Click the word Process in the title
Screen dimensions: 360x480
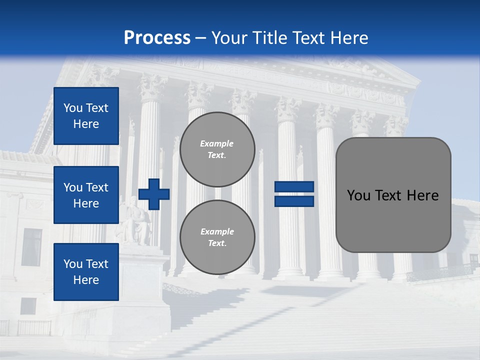[x=157, y=38]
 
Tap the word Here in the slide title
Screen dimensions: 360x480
[x=348, y=38]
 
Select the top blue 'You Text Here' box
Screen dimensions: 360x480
[x=86, y=116]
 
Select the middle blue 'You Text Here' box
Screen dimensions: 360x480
[x=86, y=195]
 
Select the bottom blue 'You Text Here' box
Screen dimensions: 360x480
[x=86, y=271]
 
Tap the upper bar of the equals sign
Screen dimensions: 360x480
[x=294, y=186]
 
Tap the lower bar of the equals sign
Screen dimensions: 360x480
[x=294, y=201]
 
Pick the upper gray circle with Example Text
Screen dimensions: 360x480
[x=217, y=149]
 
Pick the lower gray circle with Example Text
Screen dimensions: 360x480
[x=217, y=237]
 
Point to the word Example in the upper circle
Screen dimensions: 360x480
[x=216, y=143]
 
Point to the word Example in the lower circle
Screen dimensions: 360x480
[x=217, y=231]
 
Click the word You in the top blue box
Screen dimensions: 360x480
[x=72, y=108]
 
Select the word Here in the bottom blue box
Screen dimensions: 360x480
[x=86, y=280]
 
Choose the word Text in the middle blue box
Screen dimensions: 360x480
[x=97, y=187]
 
